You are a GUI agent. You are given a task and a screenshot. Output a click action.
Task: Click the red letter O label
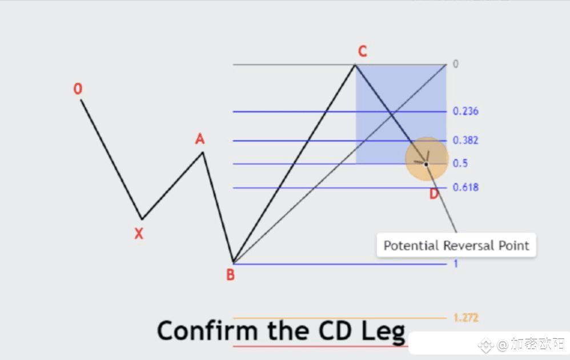[x=78, y=89]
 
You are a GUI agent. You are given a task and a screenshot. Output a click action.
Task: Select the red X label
[x=139, y=233]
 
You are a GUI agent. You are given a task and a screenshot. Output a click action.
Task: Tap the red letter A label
[x=199, y=139]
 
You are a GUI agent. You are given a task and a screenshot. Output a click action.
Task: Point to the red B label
[x=230, y=275]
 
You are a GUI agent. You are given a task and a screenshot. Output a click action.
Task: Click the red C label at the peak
[x=362, y=52]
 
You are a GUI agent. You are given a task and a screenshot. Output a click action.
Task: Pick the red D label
[x=433, y=194]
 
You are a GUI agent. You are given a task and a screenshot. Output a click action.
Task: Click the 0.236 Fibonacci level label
[x=465, y=111]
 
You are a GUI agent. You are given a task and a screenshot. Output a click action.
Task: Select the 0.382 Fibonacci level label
[x=465, y=141]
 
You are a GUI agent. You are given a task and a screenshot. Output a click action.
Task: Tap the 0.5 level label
[x=460, y=164]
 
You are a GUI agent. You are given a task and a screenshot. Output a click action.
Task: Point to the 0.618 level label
[x=465, y=187]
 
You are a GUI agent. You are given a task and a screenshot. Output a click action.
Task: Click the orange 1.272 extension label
[x=465, y=318]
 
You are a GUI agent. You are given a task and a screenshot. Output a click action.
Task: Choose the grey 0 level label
[x=455, y=64]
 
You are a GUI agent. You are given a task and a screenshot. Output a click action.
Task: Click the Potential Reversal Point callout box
[x=456, y=246]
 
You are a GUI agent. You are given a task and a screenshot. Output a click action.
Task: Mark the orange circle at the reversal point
[x=426, y=159]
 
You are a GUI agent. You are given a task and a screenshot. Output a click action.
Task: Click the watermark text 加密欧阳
[x=536, y=344]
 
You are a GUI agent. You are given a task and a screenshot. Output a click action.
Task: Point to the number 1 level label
[x=455, y=264]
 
